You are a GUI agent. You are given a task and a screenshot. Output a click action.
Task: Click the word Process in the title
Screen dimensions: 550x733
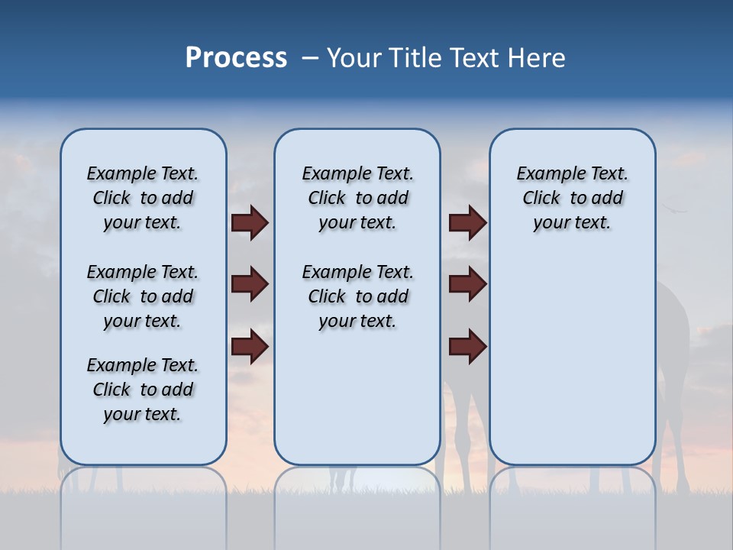click(x=236, y=58)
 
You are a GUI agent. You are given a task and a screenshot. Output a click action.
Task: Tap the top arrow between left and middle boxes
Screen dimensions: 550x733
click(x=250, y=222)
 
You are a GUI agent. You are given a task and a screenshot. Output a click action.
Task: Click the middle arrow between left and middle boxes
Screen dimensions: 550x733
click(x=250, y=284)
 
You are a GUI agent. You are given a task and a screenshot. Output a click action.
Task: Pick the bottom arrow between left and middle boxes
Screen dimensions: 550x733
click(x=250, y=347)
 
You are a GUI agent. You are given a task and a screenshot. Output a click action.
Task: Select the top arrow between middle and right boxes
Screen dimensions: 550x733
click(x=467, y=222)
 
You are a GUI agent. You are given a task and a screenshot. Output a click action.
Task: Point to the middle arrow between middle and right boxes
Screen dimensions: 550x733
click(x=467, y=284)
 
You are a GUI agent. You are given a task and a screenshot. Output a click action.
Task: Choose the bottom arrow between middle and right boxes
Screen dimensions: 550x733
click(x=467, y=347)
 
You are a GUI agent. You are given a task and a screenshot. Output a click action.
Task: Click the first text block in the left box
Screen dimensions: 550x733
click(x=143, y=198)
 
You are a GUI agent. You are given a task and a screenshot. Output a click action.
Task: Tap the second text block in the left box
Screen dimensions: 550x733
click(x=143, y=296)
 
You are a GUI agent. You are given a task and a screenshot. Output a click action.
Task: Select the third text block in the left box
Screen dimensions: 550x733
click(x=143, y=390)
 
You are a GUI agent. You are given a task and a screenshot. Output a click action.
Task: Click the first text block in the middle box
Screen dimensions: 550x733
click(x=357, y=198)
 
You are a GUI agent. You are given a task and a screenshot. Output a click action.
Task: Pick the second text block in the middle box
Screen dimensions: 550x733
click(x=357, y=296)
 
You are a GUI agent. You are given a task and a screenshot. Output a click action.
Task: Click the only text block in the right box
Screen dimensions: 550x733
click(x=572, y=198)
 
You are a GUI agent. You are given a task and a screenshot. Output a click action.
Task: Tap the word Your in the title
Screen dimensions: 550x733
click(x=354, y=58)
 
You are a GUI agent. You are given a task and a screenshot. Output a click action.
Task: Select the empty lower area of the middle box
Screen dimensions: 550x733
click(x=357, y=397)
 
